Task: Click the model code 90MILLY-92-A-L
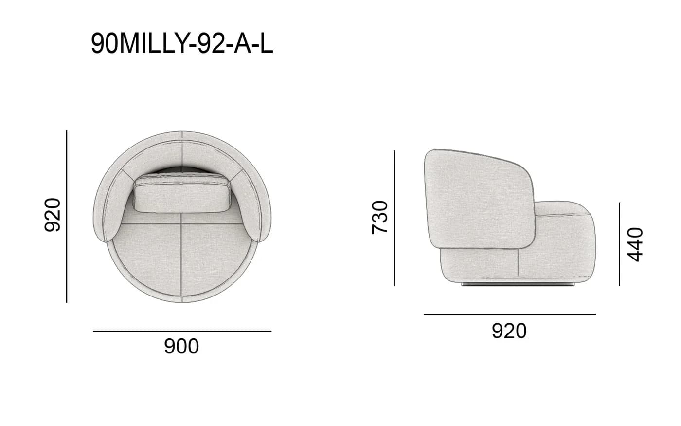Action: [182, 44]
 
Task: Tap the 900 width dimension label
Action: [181, 346]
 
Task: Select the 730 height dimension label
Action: [380, 217]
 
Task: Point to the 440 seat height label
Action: [635, 244]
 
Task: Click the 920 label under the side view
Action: [509, 331]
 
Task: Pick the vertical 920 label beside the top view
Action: [53, 215]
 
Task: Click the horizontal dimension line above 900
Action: [182, 331]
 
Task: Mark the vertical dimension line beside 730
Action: [394, 218]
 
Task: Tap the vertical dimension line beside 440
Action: [619, 244]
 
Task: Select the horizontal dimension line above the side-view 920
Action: [510, 314]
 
